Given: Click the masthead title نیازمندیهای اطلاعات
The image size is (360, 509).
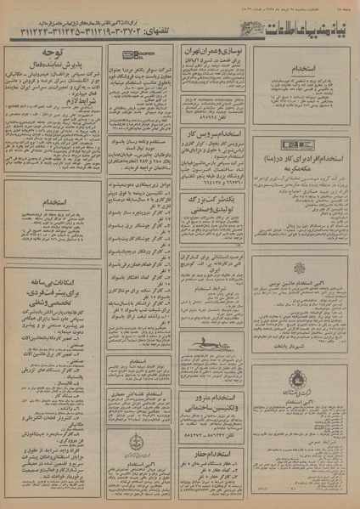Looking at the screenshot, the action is point(292,29).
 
